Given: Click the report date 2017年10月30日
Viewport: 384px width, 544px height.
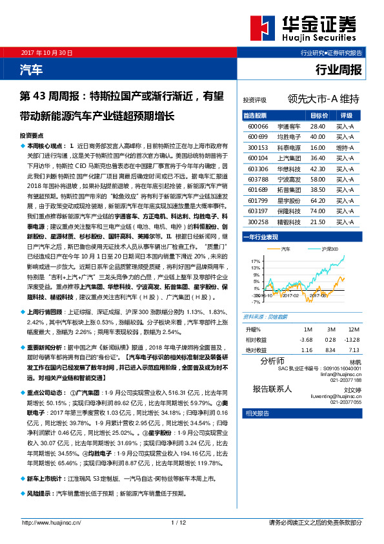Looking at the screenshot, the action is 46,52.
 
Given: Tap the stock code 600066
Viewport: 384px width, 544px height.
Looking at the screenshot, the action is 258,127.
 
